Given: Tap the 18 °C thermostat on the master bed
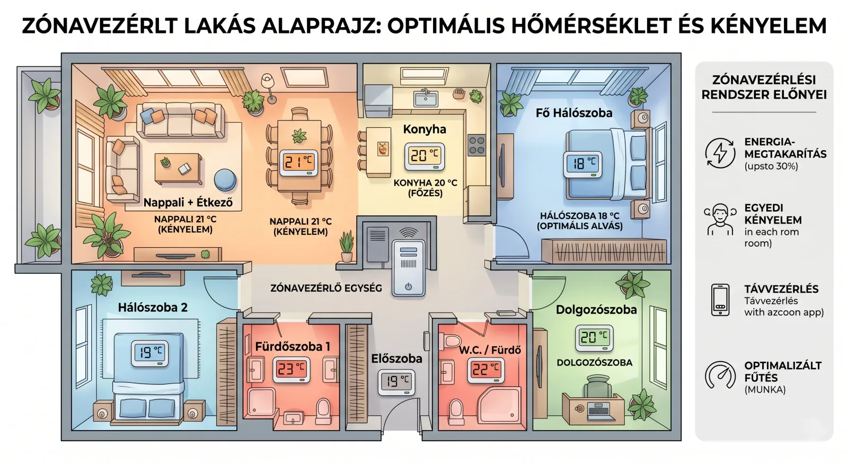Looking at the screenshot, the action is (582, 164).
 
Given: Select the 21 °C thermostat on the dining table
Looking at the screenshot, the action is (298, 162).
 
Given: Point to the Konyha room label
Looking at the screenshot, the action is (425, 129).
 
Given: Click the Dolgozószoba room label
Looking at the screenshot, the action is (596, 310).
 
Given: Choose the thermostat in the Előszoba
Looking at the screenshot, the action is (396, 382).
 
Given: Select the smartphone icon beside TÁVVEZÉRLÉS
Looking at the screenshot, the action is (720, 300).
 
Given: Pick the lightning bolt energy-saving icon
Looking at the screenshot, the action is (720, 153).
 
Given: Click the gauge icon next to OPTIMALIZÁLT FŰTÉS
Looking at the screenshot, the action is (720, 375).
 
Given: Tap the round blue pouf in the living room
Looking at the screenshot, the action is (225, 180).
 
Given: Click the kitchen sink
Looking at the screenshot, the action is (426, 98).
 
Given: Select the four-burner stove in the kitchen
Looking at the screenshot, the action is (477, 145).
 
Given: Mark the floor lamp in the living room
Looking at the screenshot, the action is (268, 89).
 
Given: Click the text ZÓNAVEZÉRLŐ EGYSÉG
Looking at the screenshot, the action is (326, 289).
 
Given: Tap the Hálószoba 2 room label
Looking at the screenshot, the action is (153, 307).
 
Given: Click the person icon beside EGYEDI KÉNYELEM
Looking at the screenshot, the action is (720, 220).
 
